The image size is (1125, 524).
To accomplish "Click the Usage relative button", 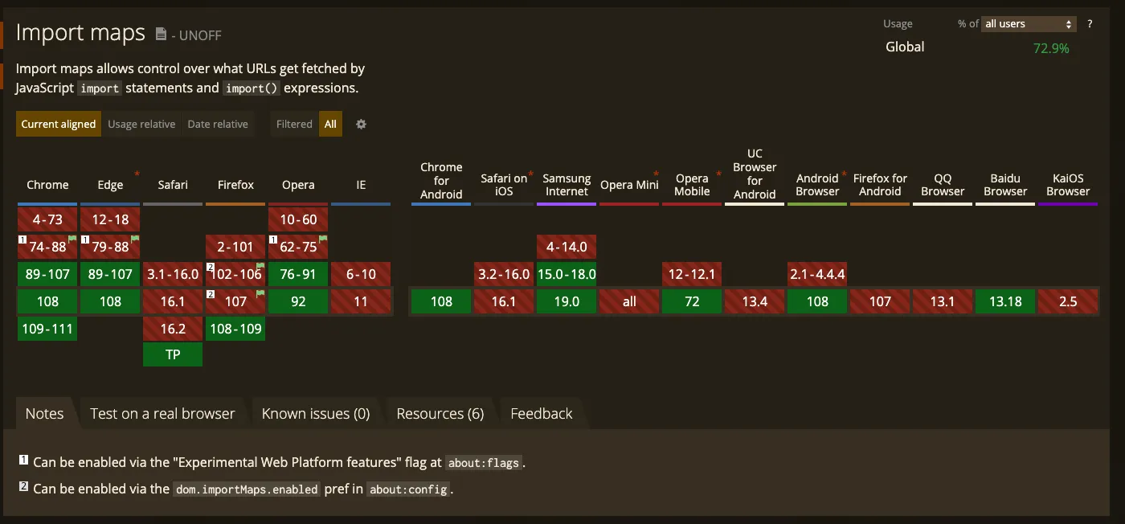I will [141, 124].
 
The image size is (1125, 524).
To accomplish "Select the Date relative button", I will [218, 124].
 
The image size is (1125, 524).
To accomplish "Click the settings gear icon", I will [362, 124].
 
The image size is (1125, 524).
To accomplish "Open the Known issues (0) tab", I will [316, 414].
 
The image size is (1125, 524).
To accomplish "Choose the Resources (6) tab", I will [440, 414].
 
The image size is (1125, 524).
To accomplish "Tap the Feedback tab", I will [542, 414].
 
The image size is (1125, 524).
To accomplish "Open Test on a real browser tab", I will [162, 414].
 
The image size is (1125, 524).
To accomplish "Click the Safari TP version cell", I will [173, 354].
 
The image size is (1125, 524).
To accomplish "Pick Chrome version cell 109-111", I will [48, 329].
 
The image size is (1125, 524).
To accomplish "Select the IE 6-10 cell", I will [361, 274].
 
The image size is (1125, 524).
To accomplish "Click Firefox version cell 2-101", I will [235, 247].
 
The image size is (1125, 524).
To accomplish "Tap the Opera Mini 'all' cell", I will [629, 301].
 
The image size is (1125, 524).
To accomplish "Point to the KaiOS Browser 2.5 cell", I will [1068, 301].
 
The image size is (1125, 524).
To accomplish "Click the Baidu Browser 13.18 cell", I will [1005, 301].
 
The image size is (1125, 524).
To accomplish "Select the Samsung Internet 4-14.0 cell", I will [567, 247].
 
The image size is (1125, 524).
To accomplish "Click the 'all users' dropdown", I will [1029, 24].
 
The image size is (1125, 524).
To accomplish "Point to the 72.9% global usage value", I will [1051, 48].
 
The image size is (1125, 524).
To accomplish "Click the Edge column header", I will [110, 185].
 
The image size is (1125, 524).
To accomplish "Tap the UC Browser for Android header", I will [755, 174].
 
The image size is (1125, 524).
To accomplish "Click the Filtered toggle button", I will [294, 124].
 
